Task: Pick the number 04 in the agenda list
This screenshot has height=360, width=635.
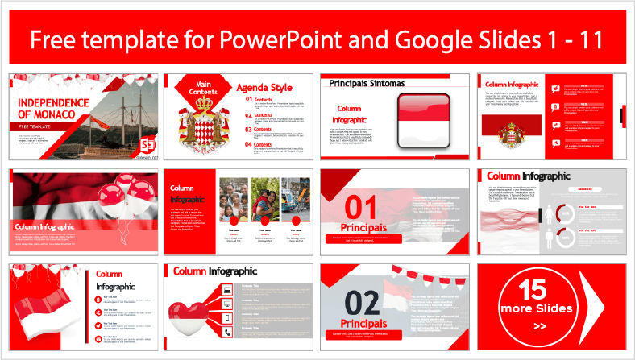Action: click(249, 145)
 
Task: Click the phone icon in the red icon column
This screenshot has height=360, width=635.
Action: click(228, 332)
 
